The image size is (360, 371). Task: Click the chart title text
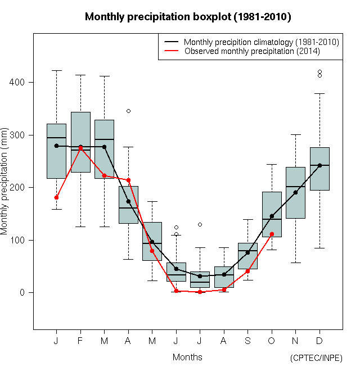point(188,17)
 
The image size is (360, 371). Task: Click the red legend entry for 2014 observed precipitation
point(252,51)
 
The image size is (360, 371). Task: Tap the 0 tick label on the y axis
point(22,293)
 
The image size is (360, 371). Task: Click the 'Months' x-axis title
point(187,357)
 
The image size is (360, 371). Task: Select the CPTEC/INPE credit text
point(316,358)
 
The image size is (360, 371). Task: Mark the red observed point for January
point(56,197)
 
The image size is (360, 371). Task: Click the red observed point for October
point(272,234)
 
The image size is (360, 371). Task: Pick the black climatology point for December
point(319,165)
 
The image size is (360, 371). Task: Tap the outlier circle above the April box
point(128,111)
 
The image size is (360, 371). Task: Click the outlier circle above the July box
point(200,224)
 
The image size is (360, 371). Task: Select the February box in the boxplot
point(80,142)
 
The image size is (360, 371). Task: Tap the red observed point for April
point(128,180)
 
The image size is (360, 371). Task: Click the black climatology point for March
point(105,147)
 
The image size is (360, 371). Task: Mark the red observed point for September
point(248,271)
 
